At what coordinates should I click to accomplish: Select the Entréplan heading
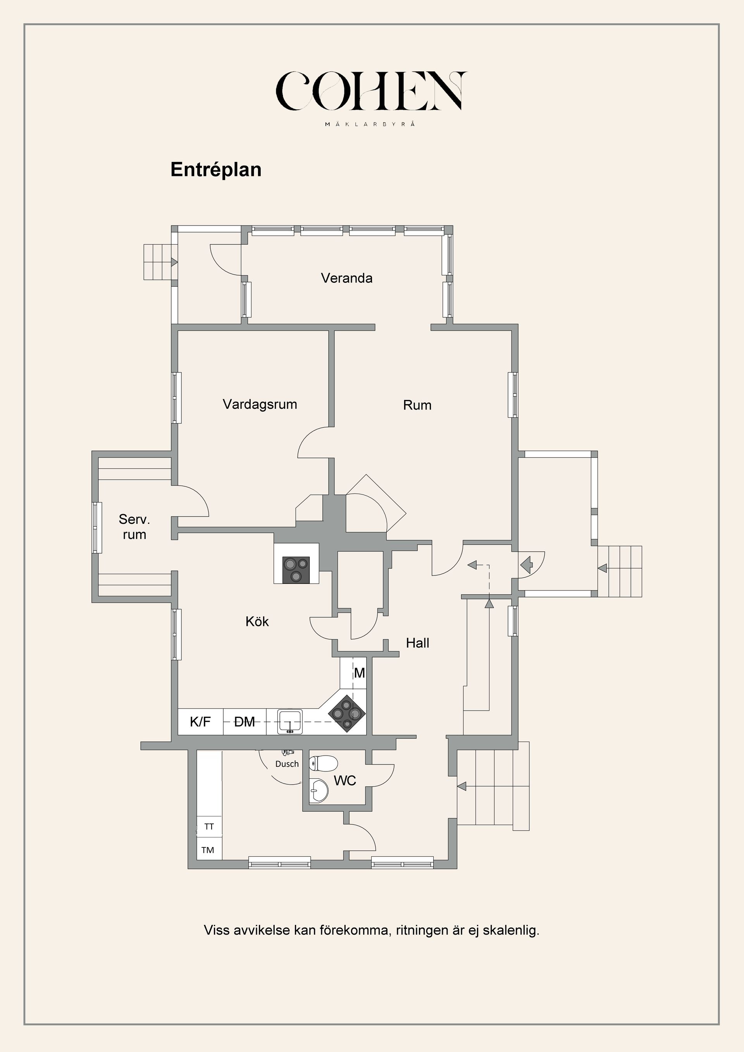click(x=216, y=170)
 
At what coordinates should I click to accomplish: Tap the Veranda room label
click(x=346, y=278)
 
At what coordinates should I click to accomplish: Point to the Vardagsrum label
click(x=260, y=405)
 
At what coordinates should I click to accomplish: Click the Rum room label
click(x=417, y=405)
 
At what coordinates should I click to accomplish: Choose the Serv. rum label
click(x=134, y=527)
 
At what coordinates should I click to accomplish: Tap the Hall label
click(x=417, y=643)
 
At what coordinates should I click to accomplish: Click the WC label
click(x=344, y=780)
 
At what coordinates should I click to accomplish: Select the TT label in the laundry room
click(x=209, y=826)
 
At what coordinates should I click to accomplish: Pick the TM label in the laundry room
click(x=208, y=850)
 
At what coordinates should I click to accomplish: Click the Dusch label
click(x=287, y=764)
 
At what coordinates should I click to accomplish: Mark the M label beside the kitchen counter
click(x=359, y=673)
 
